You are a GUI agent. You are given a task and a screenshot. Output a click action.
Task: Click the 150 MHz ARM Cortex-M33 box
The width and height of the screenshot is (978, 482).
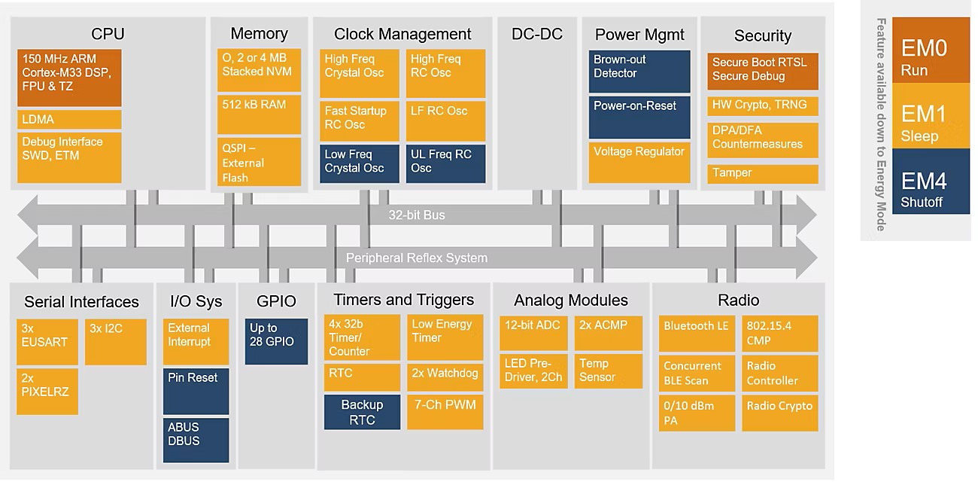[x=68, y=77]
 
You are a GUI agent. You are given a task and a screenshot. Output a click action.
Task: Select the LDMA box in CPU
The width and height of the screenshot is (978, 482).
[x=68, y=120]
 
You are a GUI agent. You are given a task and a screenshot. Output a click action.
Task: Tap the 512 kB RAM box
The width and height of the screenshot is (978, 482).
[x=259, y=114]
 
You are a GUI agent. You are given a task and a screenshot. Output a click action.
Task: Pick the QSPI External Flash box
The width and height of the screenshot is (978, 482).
[x=259, y=162]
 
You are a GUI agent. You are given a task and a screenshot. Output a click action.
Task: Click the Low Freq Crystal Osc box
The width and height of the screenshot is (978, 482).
[x=360, y=163]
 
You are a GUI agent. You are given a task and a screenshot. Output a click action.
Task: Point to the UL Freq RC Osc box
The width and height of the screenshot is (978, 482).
[x=445, y=163]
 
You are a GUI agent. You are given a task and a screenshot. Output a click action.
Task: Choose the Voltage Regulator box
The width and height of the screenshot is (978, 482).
[x=639, y=162]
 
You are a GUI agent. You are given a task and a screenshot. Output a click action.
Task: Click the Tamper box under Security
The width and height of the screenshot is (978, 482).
[x=762, y=174]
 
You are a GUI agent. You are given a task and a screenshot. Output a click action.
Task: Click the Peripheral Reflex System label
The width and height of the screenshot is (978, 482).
[x=416, y=258]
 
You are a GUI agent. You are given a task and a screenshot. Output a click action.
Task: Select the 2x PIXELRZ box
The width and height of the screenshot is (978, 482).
[x=47, y=390]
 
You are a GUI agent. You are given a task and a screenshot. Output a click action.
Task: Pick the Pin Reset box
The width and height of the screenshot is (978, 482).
[x=196, y=391]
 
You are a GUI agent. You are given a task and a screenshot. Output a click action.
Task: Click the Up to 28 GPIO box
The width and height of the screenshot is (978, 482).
[x=277, y=341]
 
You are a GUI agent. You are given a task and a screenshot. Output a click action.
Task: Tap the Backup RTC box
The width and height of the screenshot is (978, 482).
[x=362, y=412]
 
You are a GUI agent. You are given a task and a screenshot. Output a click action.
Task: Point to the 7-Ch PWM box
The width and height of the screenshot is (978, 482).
[x=445, y=411]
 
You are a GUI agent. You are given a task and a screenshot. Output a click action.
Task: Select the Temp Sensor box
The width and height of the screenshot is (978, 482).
[x=608, y=371]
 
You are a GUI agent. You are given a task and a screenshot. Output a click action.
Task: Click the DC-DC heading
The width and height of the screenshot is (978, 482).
[x=536, y=35]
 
